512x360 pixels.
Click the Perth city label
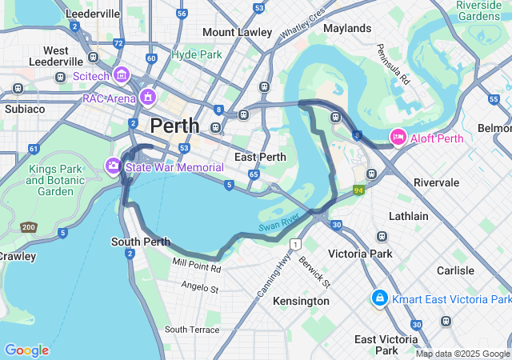pyautogui.click(x=175, y=126)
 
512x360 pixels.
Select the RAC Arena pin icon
pyautogui.click(x=147, y=97)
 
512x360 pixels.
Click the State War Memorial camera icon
pyautogui.click(x=114, y=166)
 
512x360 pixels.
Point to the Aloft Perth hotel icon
pyautogui.click(x=398, y=137)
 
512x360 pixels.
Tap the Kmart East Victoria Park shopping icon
pyautogui.click(x=380, y=298)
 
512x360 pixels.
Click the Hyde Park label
pyautogui.click(x=196, y=55)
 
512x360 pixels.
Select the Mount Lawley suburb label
pyautogui.click(x=238, y=32)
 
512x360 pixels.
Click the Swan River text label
pyautogui.click(x=278, y=223)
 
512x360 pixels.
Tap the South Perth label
pyautogui.click(x=140, y=242)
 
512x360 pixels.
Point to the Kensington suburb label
pyautogui.click(x=301, y=301)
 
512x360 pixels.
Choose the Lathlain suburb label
pyautogui.click(x=408, y=216)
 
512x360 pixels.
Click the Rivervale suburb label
pyautogui.click(x=436, y=182)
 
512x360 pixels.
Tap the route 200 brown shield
pyautogui.click(x=28, y=228)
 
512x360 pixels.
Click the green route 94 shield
pyautogui.click(x=358, y=190)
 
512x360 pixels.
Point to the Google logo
pyautogui.click(x=26, y=350)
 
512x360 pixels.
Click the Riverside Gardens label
pyautogui.click(x=478, y=10)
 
